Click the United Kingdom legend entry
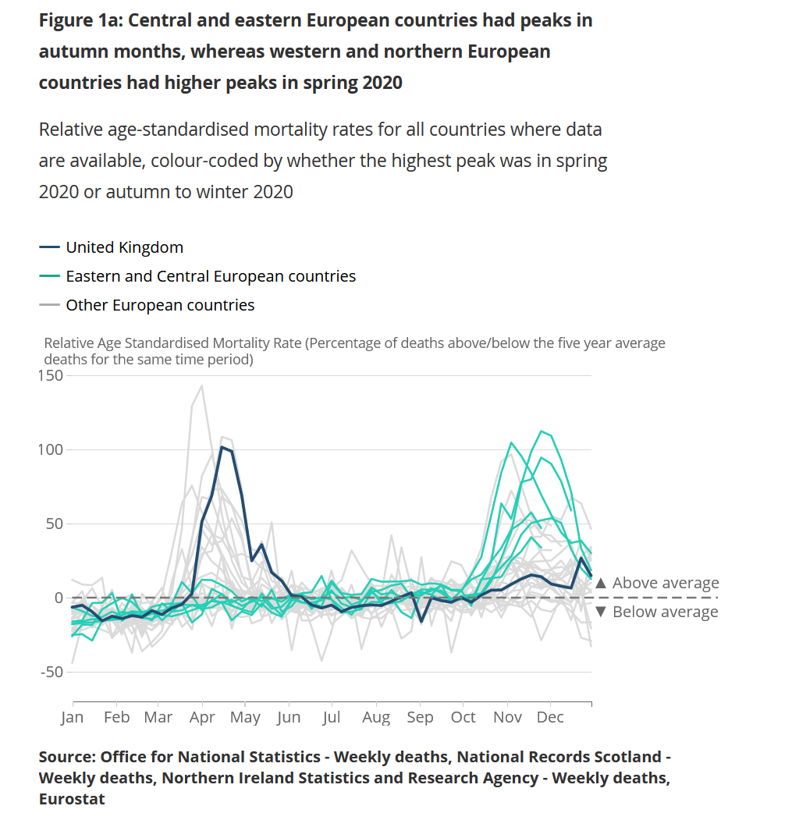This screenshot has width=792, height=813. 124,247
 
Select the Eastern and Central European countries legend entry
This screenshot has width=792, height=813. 211,276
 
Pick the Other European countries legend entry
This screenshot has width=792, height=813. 160,305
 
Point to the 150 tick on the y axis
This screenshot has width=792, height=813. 51,376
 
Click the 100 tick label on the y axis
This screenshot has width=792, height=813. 51,450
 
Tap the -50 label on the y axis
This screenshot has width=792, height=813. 51,672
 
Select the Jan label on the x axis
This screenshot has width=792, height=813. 73,717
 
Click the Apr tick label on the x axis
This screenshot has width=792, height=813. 203,717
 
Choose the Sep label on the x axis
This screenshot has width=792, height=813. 420,717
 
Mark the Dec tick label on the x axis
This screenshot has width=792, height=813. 550,717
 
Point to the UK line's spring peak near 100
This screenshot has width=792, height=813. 222,447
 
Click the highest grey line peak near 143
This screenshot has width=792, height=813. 202,385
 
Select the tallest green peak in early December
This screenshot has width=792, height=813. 541,431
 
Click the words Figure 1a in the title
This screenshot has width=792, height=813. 80,20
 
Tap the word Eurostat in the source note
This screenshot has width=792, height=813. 72,798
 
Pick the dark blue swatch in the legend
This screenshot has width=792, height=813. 49,247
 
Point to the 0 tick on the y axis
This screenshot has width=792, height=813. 57,598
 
